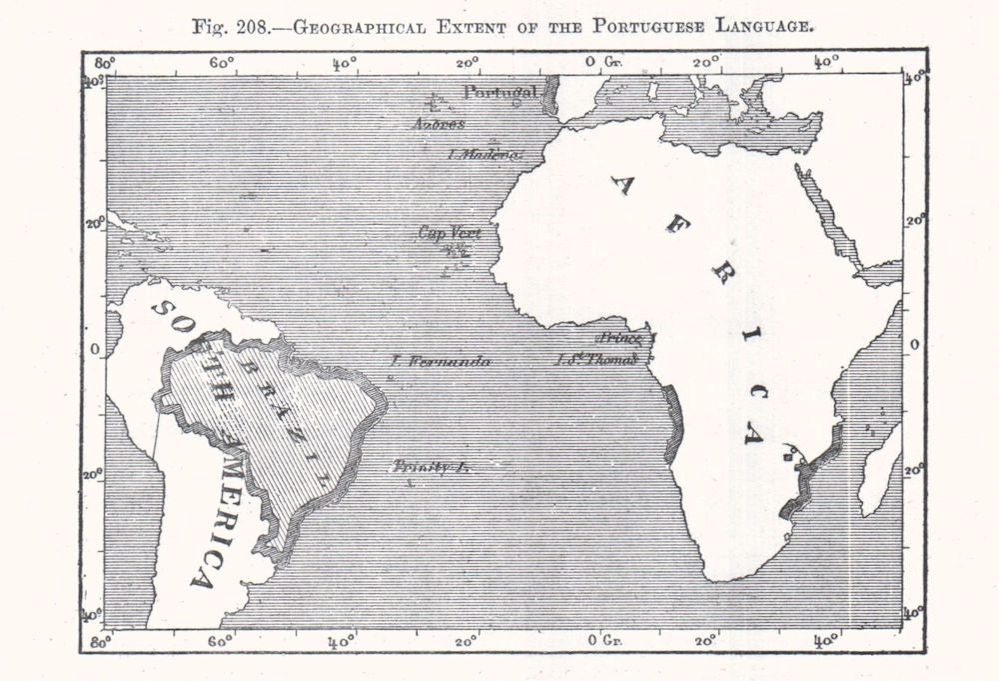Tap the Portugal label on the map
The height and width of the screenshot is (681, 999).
coord(499,93)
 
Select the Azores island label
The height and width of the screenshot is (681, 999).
coord(438,124)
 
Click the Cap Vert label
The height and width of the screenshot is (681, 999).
coord(449,233)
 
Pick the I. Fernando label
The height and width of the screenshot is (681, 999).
coord(440,360)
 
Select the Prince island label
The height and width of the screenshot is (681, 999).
coord(620,340)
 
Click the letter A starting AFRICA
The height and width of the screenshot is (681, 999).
coord(621,184)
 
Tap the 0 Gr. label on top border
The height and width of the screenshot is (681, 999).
coord(604,62)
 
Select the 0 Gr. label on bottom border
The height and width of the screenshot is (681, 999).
coord(604,637)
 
